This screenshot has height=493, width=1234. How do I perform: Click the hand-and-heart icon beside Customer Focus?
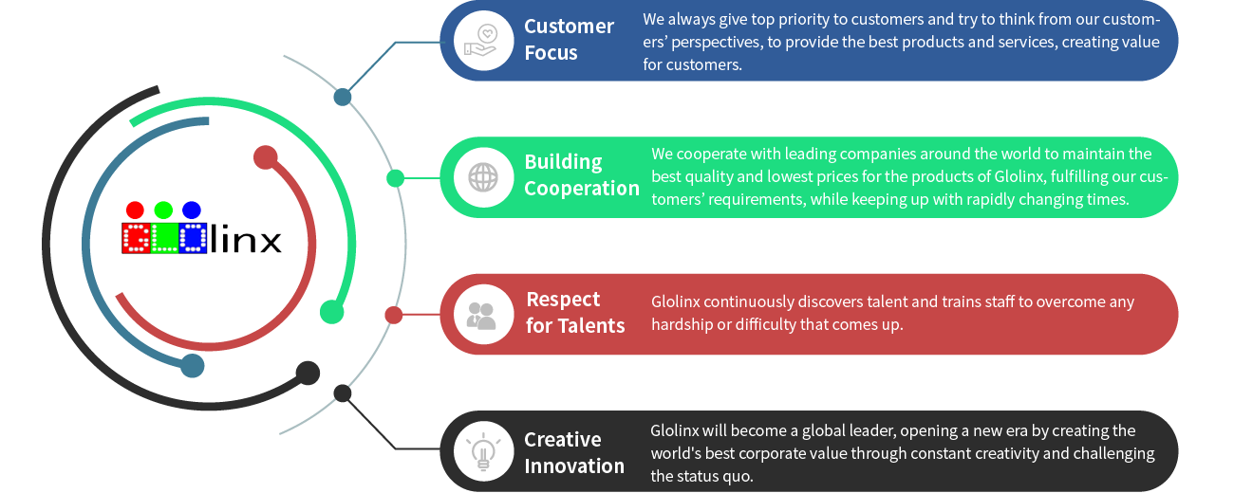483,41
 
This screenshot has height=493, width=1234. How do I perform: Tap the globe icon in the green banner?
483,177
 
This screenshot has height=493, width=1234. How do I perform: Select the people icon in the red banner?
483,314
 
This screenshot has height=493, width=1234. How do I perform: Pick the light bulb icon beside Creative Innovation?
483,450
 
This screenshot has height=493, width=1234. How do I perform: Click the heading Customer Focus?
569,40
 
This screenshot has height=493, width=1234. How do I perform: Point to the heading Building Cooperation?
581,175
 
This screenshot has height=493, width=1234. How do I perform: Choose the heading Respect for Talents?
575,313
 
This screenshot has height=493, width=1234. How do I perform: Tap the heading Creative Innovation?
574,452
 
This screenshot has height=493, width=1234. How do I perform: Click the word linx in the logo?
246,238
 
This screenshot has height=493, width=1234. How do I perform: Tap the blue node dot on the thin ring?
343,97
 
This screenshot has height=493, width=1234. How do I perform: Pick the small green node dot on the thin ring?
395,178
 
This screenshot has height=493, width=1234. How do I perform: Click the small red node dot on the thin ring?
393,315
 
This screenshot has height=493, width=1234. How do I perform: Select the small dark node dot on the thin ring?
343,393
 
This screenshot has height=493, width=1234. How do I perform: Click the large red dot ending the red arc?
266,157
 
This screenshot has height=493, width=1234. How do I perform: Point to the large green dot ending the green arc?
331,311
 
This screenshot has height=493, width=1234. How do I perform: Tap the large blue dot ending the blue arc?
193,366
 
